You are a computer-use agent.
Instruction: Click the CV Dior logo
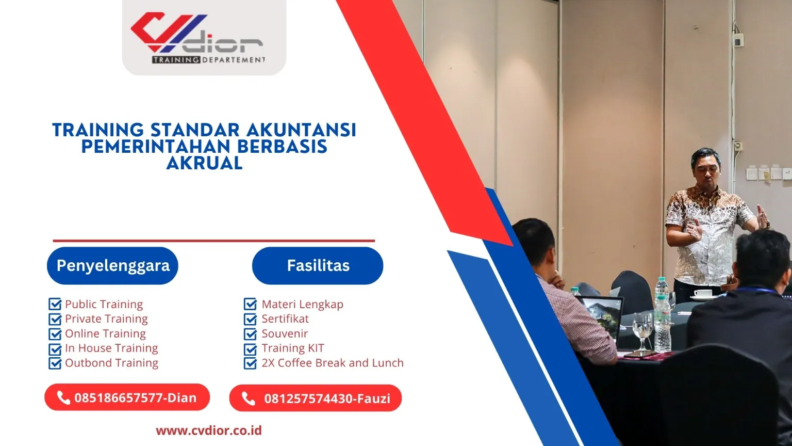tap(203, 37)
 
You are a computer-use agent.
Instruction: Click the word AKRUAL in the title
tap(204, 163)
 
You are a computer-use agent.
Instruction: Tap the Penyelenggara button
tap(112, 265)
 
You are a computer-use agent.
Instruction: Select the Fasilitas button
tap(318, 265)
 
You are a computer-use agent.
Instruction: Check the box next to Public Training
tap(55, 304)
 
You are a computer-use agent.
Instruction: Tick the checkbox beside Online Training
tap(55, 334)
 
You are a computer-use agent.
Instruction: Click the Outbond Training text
tap(111, 363)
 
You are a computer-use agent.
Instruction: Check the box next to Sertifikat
tap(250, 319)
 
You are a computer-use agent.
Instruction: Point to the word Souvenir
tap(285, 333)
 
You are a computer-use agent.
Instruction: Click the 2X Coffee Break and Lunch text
tap(332, 363)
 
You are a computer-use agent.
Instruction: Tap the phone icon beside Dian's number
tap(63, 397)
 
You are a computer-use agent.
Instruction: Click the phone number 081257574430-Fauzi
tap(327, 399)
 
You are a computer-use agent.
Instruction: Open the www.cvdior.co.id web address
tap(209, 431)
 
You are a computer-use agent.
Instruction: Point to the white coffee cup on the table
tap(702, 294)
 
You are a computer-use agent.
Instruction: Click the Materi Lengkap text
tap(302, 304)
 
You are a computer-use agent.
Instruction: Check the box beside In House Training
tap(55, 349)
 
